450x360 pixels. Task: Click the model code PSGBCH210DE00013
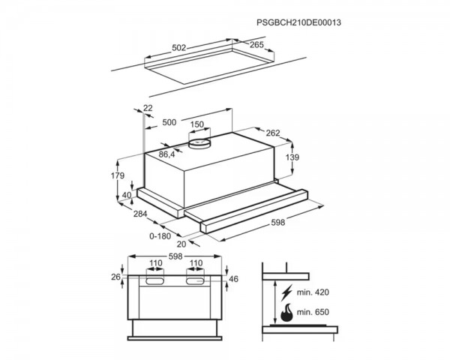298,22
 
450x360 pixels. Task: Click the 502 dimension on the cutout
179,48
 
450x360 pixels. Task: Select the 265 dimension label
256,45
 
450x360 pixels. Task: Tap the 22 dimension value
148,108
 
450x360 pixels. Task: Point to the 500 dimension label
169,122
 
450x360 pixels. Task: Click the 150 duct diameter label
197,124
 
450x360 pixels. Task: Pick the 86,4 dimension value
166,154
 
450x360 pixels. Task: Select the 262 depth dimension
273,133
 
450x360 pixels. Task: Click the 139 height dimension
292,157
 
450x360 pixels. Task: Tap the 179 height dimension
118,175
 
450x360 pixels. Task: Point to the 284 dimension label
140,214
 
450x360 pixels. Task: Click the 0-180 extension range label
160,236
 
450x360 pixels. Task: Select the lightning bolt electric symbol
286,292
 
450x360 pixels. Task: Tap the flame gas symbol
286,312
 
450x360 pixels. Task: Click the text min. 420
313,292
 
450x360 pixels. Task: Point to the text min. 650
313,312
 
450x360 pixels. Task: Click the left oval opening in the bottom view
155,281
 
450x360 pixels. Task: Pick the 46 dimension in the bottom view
234,279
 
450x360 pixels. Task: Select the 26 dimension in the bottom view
115,277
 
